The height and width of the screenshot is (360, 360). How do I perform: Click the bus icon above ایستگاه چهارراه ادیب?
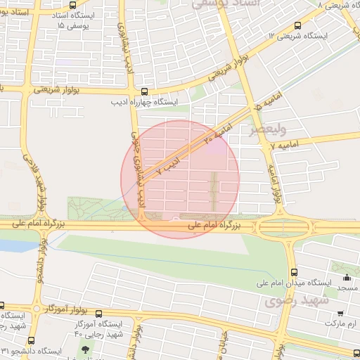144,91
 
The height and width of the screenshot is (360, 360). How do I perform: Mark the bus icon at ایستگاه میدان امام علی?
294,272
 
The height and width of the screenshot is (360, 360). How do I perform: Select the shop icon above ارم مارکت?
340,313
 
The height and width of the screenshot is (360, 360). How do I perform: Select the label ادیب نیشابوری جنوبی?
138,165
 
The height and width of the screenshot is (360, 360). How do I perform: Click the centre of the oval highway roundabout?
283,226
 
